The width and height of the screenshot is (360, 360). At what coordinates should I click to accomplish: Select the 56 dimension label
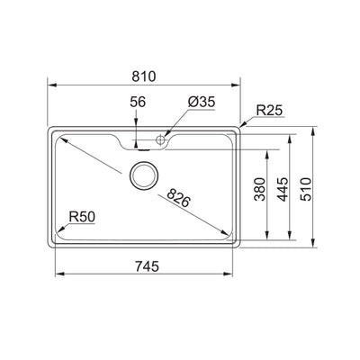pos(137,103)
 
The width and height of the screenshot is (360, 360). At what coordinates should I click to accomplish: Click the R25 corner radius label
pos(270,111)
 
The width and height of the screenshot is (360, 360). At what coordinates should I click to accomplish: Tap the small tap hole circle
pos(163,140)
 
